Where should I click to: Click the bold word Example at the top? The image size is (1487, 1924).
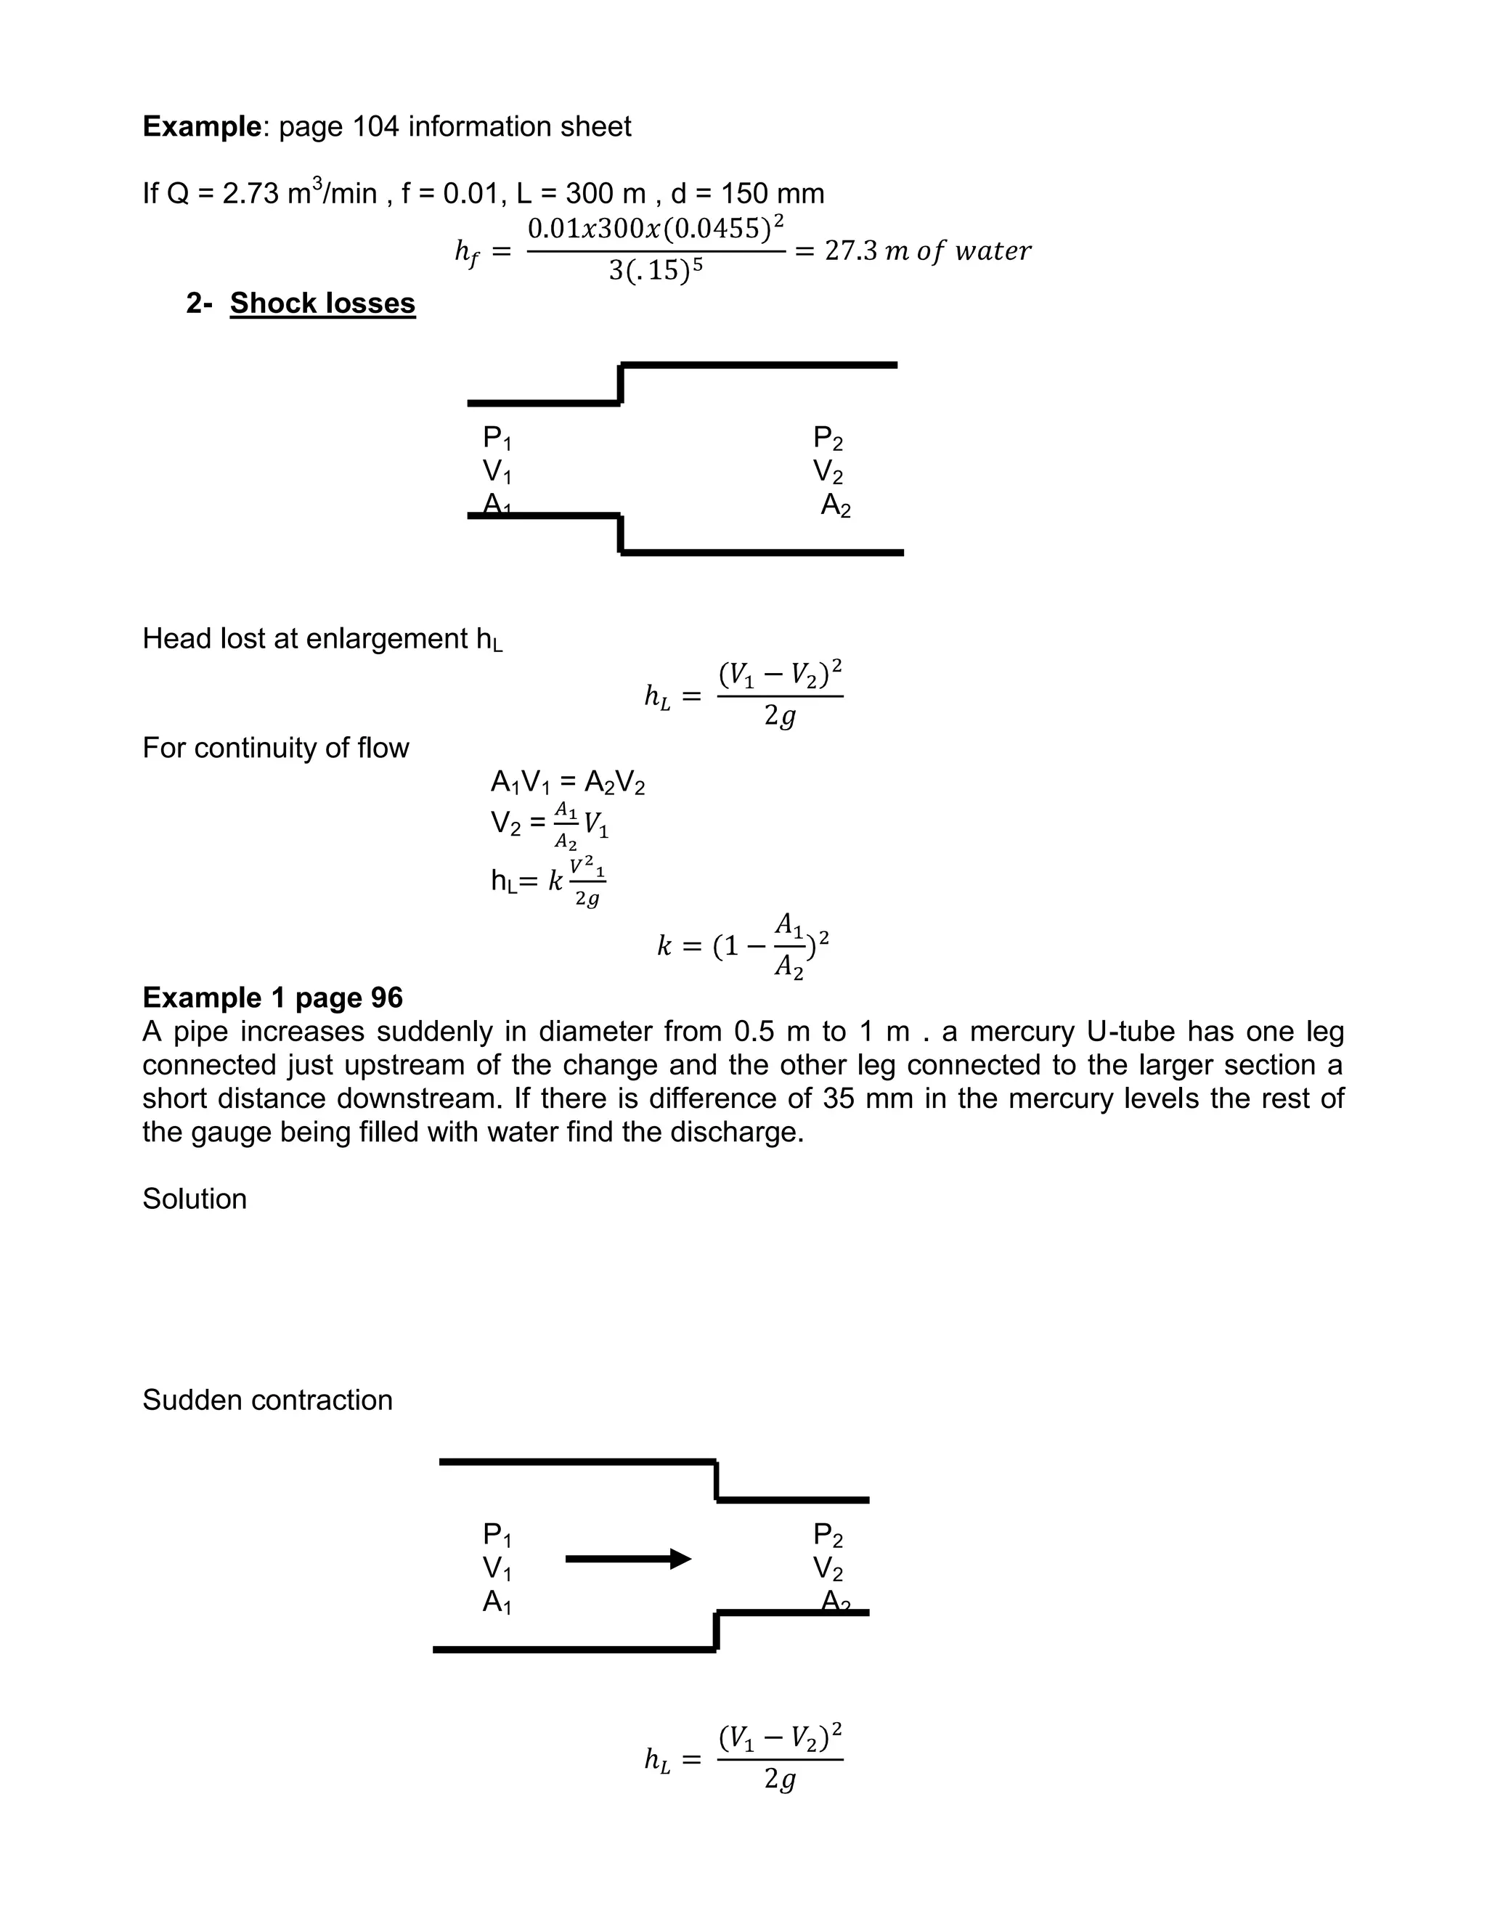[202, 127]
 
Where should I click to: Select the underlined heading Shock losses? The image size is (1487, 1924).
[322, 303]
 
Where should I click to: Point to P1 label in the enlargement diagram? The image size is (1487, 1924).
[497, 438]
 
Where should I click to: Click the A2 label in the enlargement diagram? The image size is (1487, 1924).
[835, 505]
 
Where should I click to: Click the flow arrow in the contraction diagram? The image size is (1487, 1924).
[627, 1560]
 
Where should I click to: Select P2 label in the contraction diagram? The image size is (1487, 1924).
[827, 1536]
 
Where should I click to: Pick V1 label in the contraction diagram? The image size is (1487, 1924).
[497, 1568]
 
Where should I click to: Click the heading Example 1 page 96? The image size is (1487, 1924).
[272, 998]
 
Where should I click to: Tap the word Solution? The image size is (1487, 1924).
[194, 1199]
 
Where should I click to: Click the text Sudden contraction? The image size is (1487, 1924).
[267, 1400]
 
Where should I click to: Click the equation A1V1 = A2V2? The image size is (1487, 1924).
[567, 782]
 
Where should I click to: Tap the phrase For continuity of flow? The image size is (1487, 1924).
[276, 748]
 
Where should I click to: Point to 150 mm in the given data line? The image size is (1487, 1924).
[773, 194]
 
